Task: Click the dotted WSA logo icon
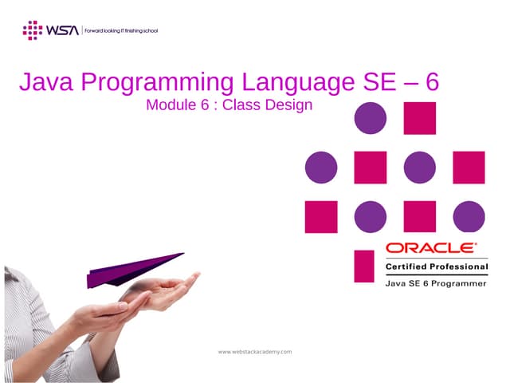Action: coord(32,30)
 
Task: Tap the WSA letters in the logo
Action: coord(62,30)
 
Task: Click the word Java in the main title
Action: coord(46,83)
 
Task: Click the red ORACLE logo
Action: coord(431,248)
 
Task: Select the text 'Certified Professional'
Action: coord(437,266)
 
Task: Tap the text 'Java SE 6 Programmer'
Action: coord(436,282)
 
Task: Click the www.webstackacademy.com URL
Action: coord(255,351)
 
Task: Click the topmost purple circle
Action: coord(371,118)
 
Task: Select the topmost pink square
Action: coord(420,118)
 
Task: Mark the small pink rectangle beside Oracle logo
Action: coord(364,266)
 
